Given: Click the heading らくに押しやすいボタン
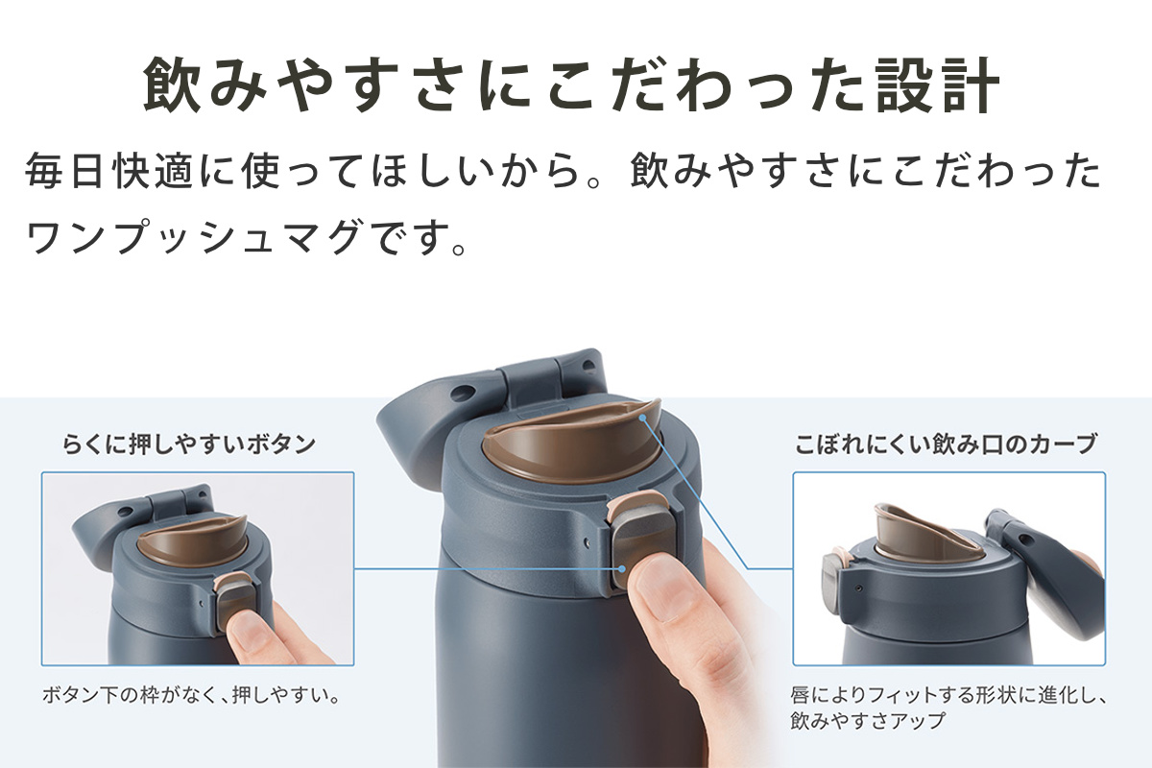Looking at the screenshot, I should tap(189, 444).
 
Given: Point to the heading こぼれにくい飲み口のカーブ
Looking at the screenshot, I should tap(945, 444).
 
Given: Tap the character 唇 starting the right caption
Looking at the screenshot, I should tap(801, 694).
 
